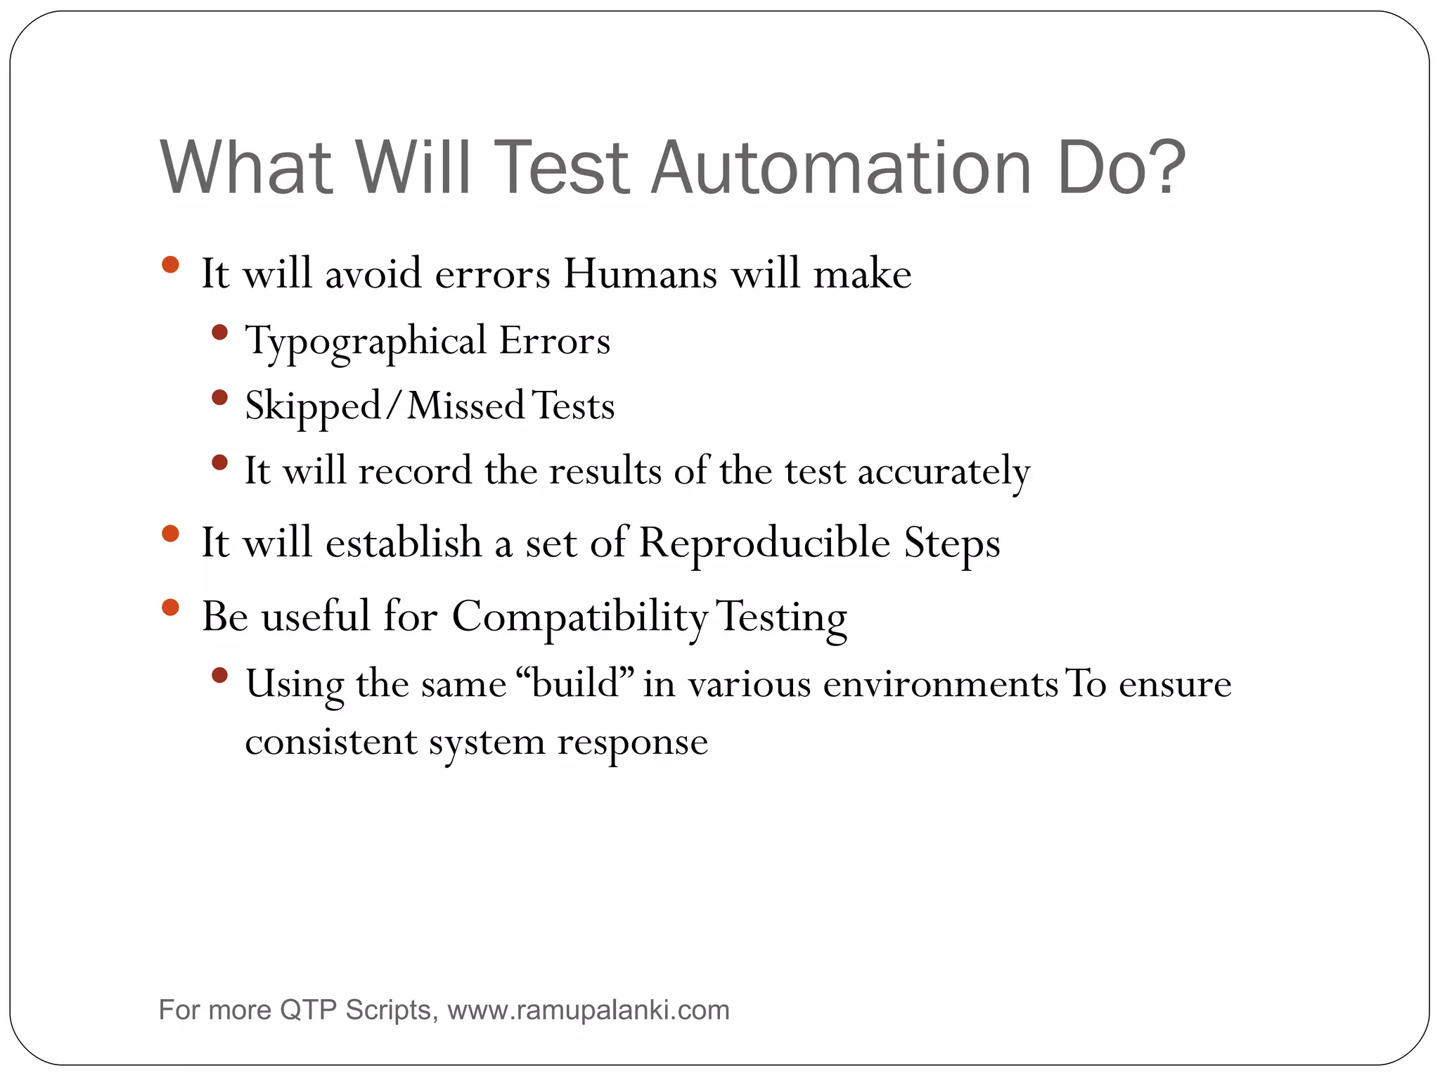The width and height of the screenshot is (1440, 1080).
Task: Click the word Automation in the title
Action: coord(840,169)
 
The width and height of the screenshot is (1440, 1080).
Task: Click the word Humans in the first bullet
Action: coord(640,274)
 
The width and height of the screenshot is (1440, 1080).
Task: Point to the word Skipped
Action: coord(312,407)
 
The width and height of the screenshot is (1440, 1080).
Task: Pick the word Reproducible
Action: coord(764,544)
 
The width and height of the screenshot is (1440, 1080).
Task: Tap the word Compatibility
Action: coord(579,617)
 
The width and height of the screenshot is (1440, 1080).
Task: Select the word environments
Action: coord(940,684)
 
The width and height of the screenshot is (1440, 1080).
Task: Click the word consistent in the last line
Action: coord(331,742)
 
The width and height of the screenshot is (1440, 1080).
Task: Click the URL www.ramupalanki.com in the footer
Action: coord(589,1010)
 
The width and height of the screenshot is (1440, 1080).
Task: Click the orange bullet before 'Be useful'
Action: coord(170,607)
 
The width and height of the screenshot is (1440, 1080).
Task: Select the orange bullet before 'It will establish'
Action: coord(170,534)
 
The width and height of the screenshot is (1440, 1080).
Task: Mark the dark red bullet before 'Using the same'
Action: coord(219,676)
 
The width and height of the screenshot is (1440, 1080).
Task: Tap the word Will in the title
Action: coord(412,169)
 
